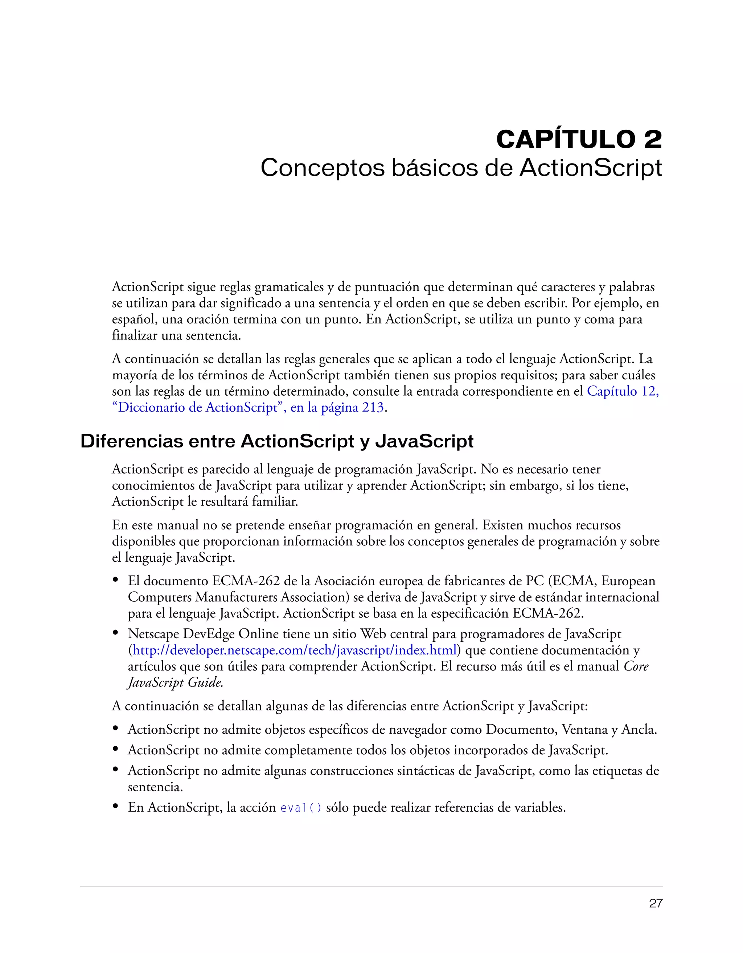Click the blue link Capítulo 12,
(623, 391)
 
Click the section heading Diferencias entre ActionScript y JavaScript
(277, 441)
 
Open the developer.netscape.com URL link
(295, 650)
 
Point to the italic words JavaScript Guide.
(175, 682)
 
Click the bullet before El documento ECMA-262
(116, 580)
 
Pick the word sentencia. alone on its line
(155, 787)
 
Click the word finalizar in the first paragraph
(135, 336)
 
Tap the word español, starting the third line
(135, 319)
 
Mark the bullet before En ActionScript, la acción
(116, 807)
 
